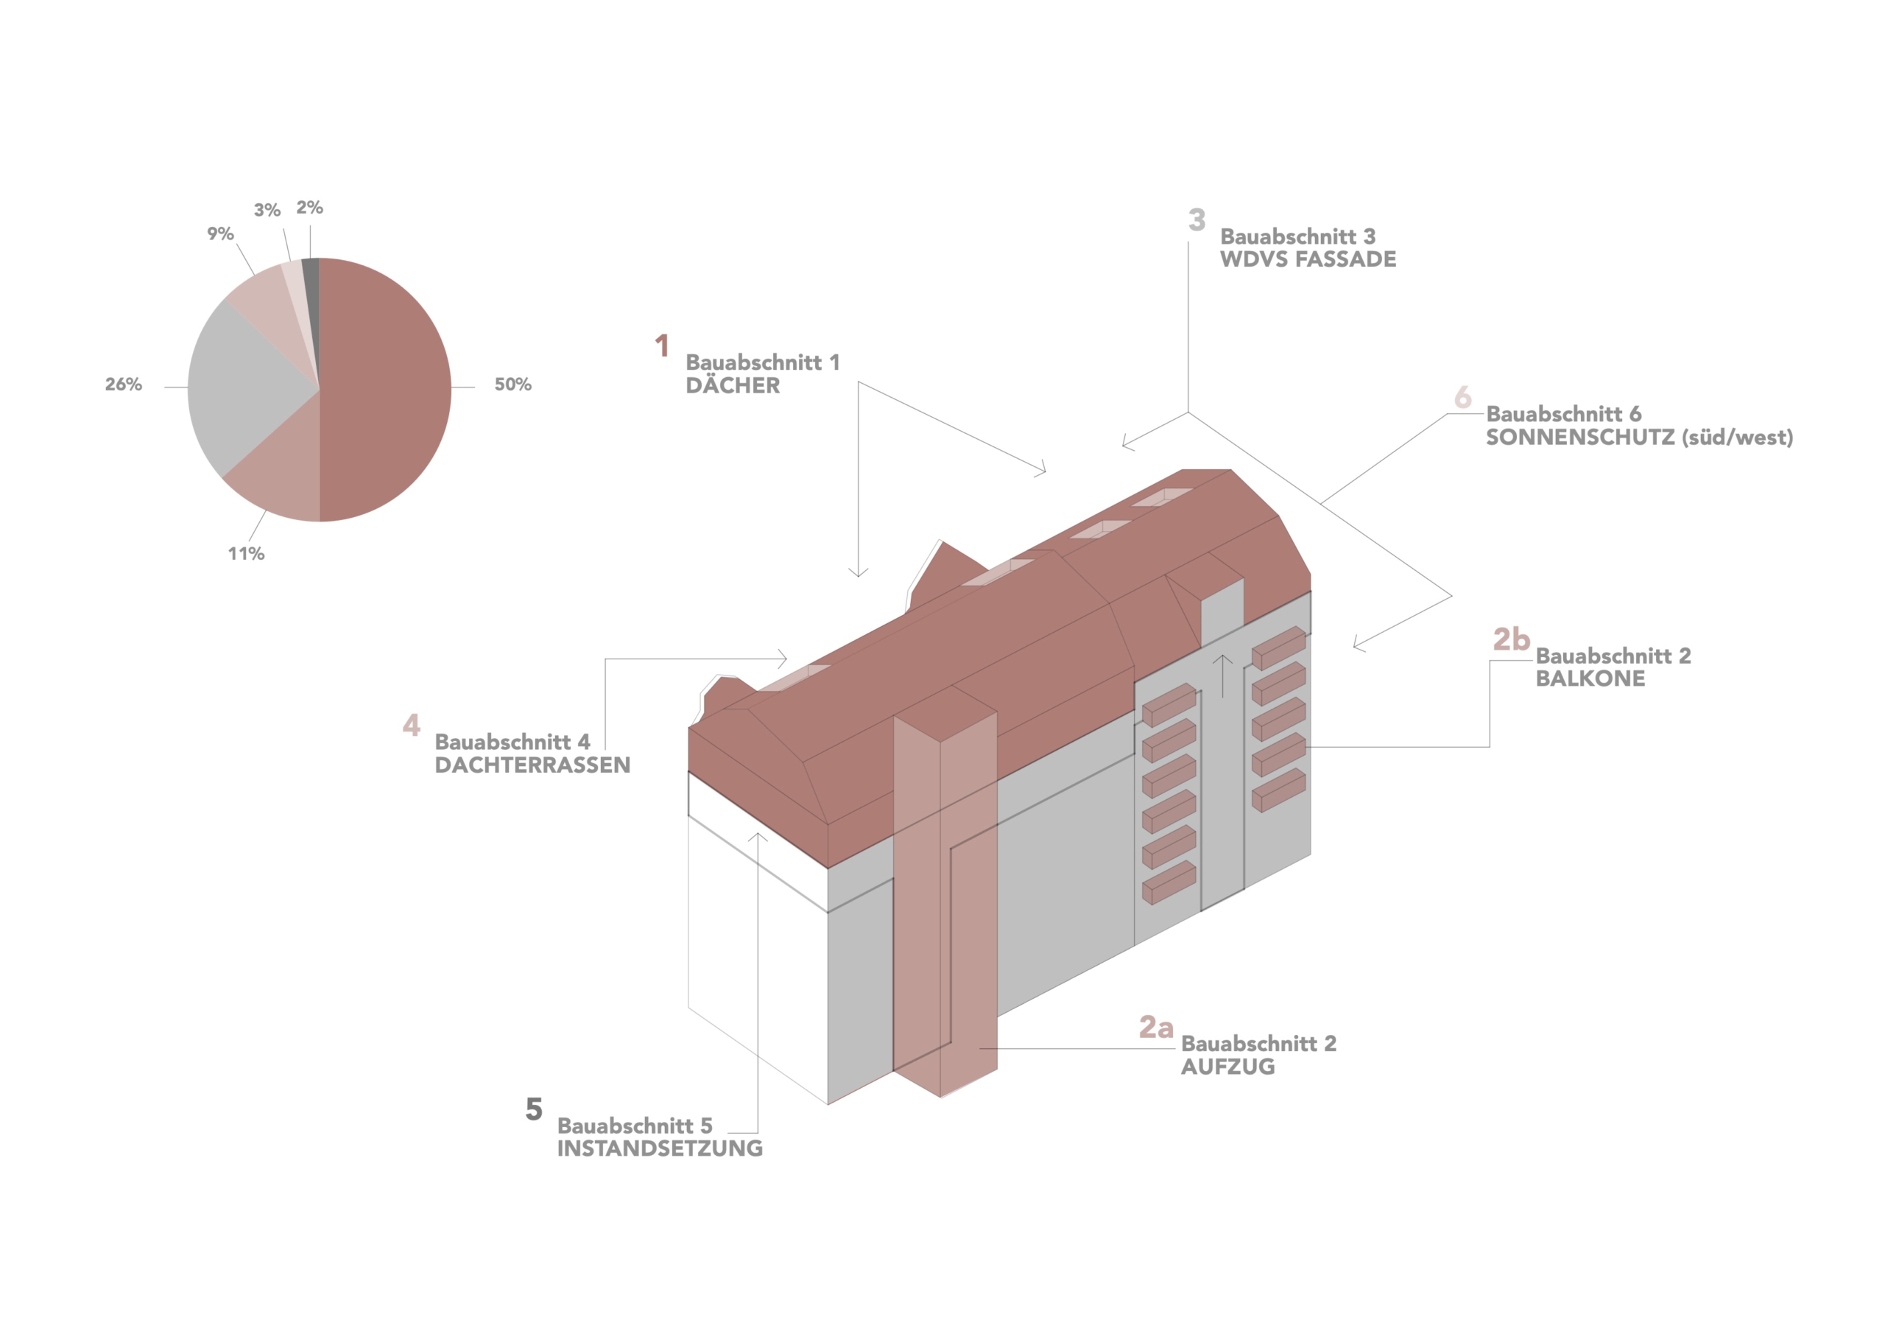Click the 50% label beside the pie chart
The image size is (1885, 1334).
point(512,385)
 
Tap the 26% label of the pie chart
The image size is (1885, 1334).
point(123,385)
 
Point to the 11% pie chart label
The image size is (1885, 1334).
point(246,554)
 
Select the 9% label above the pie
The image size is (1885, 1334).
point(220,234)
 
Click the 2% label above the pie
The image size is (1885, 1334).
point(309,208)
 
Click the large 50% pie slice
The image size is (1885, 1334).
point(386,390)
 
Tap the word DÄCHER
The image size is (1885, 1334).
point(733,385)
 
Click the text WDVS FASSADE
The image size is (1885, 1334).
point(1308,259)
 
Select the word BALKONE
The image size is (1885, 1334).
point(1590,678)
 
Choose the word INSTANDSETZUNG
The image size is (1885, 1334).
point(660,1148)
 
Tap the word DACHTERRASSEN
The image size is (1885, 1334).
point(533,765)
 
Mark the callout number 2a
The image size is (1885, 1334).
point(1156,1027)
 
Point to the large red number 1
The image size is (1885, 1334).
point(662,345)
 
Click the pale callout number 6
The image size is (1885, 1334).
point(1462,398)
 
